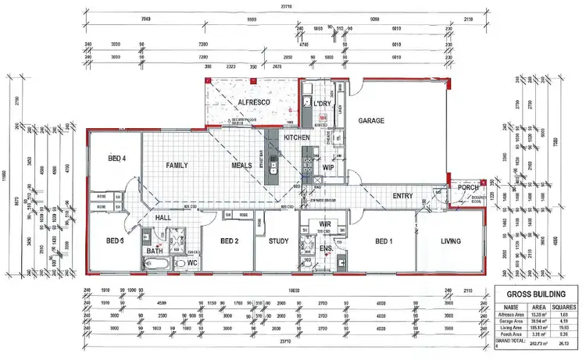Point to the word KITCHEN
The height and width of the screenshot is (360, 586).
click(x=298, y=138)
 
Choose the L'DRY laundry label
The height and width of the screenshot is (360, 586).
click(x=323, y=103)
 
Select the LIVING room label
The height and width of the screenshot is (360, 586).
click(x=449, y=241)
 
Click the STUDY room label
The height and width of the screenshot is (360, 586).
click(x=278, y=241)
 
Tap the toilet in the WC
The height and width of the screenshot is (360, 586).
click(x=177, y=264)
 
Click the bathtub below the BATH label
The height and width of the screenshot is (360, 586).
click(x=155, y=266)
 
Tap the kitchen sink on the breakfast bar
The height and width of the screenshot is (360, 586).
click(x=273, y=166)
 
